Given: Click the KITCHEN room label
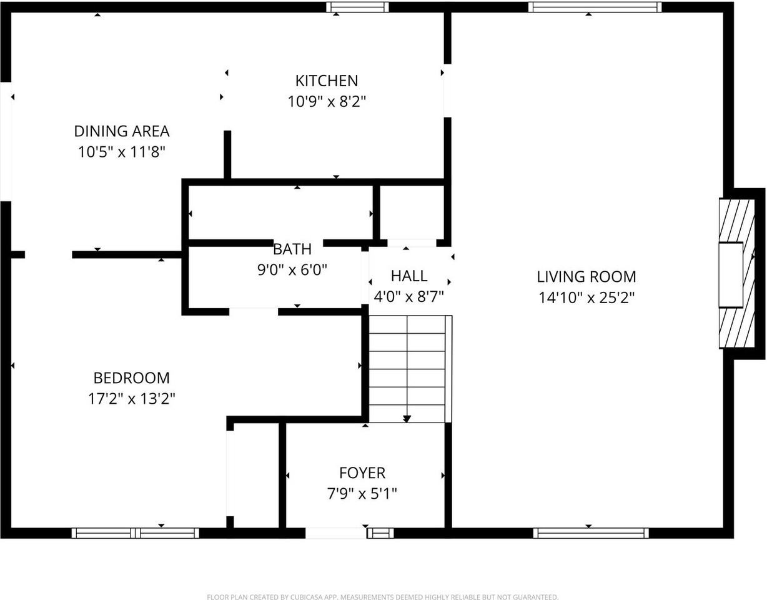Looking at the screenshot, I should [x=327, y=81].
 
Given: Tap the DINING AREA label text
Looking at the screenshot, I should [x=122, y=131].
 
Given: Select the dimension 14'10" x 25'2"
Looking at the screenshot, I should [x=586, y=297].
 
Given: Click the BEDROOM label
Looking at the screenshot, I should [x=131, y=378].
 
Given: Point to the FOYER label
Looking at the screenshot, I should [x=362, y=473].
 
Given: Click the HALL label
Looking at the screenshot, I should [x=409, y=276].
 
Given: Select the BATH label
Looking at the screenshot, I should [x=292, y=249].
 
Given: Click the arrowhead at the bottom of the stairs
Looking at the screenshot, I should [x=407, y=418].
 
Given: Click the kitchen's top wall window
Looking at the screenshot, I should [x=357, y=7].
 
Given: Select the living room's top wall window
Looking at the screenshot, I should [x=594, y=7].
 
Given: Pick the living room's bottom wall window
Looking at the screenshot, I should [x=591, y=533].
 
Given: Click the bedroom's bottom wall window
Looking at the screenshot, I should [x=135, y=533].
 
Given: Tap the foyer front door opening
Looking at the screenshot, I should [x=335, y=533].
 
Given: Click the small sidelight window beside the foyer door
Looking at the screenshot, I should [x=380, y=533].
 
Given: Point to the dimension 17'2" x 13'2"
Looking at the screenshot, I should [x=131, y=399].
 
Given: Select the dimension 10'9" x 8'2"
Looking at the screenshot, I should [x=327, y=101].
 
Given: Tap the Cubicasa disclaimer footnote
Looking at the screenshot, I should [x=383, y=597].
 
